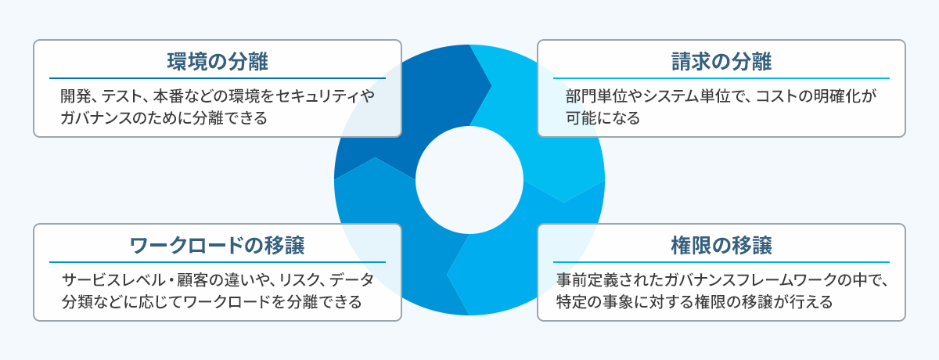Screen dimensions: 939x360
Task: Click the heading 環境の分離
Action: pyautogui.click(x=218, y=62)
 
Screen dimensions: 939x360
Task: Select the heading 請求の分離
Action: pyautogui.click(x=721, y=62)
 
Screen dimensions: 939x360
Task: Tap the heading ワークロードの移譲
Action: pyautogui.click(x=218, y=246)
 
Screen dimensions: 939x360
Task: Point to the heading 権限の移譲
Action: pyautogui.click(x=721, y=246)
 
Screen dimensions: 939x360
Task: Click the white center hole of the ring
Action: pyautogui.click(x=469, y=180)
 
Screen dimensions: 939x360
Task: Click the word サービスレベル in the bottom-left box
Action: pyautogui.click(x=113, y=280)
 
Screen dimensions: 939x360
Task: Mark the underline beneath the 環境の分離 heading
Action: pyautogui.click(x=218, y=78)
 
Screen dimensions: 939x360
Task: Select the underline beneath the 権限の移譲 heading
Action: pyautogui.click(x=721, y=262)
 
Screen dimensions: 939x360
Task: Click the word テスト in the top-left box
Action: pyautogui.click(x=121, y=96)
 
